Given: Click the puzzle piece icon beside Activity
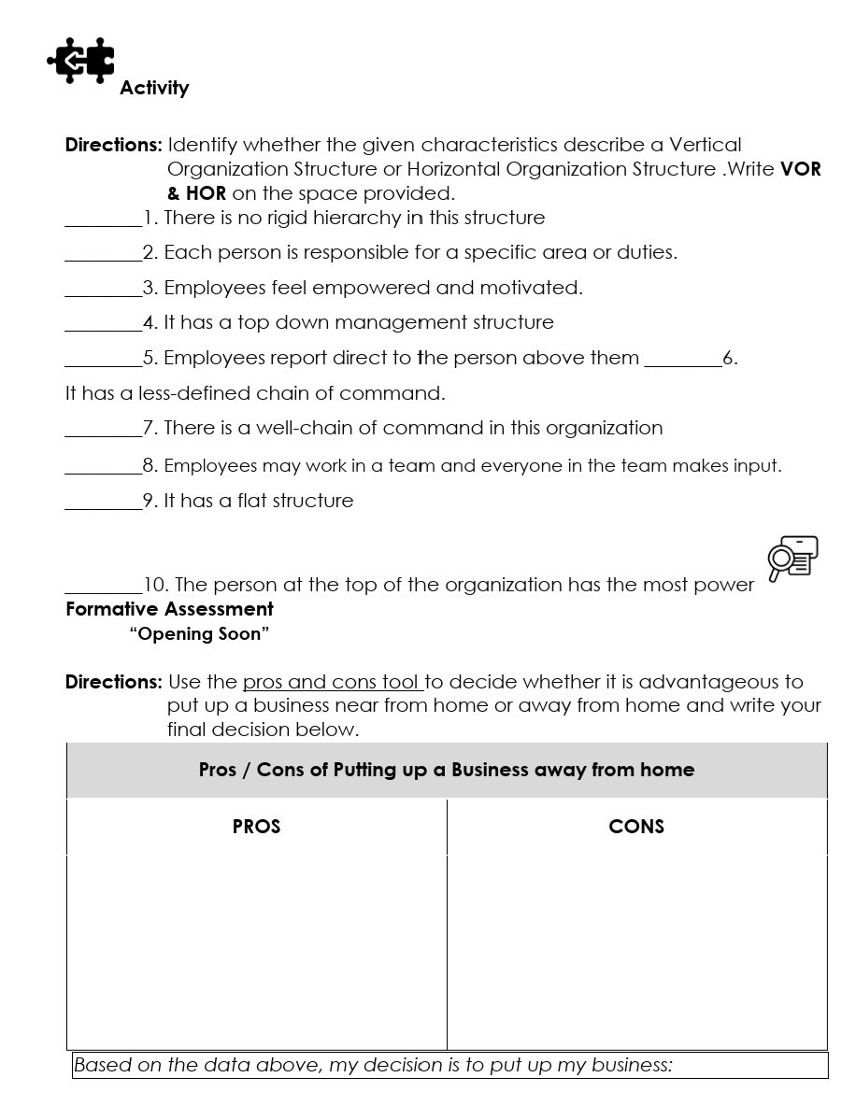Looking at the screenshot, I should [81, 61].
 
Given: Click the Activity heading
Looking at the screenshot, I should [154, 88].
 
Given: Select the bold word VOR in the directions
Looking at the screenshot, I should [800, 169].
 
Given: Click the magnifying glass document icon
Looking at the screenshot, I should [792, 559].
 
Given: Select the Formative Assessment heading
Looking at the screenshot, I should [169, 609].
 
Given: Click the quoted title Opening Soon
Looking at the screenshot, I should [200, 634].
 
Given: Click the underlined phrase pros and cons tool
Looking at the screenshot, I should [332, 682].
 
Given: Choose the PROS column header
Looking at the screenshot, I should [256, 827].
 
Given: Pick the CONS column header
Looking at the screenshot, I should [636, 827].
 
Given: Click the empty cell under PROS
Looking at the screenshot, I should [256, 951].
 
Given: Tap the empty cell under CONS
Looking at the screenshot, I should [636, 951].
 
